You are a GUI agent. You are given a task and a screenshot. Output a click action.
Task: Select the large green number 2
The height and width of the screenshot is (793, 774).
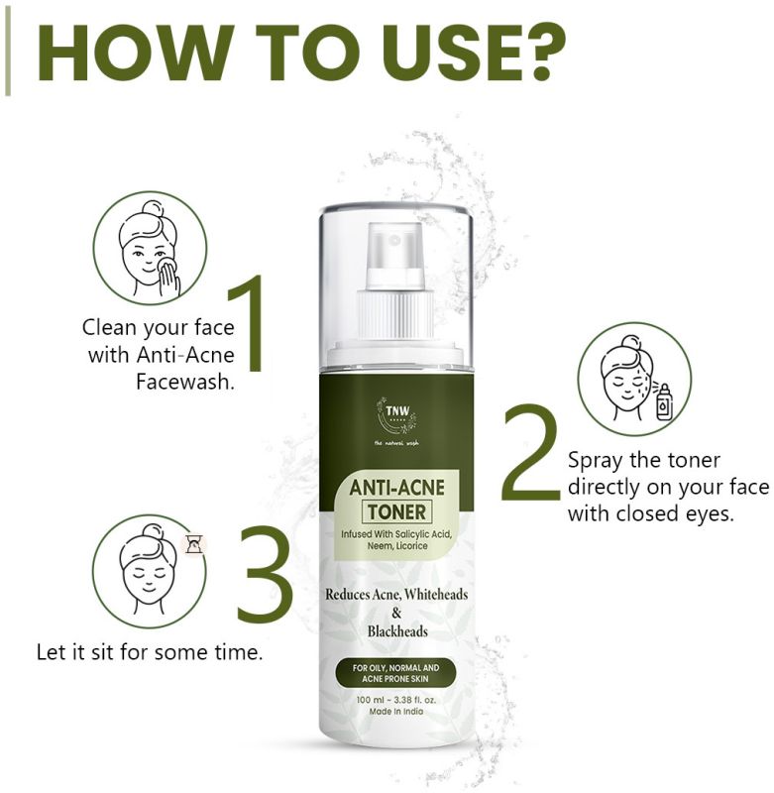click(531, 451)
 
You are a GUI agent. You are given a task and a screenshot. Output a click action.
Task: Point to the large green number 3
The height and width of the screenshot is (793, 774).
click(266, 574)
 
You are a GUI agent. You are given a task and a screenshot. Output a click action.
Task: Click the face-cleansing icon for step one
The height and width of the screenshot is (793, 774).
click(150, 248)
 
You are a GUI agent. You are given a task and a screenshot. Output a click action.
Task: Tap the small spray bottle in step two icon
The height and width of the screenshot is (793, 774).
click(664, 402)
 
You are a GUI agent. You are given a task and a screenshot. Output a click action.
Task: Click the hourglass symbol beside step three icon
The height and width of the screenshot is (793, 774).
click(193, 543)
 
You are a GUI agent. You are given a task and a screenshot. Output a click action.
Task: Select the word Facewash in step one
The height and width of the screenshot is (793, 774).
click(185, 382)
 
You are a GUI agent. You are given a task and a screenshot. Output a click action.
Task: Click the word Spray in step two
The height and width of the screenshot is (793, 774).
click(596, 461)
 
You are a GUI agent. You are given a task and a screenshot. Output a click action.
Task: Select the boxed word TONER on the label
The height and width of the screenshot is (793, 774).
click(396, 511)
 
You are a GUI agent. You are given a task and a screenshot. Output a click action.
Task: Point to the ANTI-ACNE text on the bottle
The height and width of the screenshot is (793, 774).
click(396, 488)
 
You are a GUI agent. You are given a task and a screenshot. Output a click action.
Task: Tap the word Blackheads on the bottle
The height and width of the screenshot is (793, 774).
click(397, 631)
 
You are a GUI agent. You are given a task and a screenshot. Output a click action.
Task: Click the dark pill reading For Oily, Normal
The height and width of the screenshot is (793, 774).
click(395, 673)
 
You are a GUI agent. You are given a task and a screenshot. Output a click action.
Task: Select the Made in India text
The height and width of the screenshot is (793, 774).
click(396, 712)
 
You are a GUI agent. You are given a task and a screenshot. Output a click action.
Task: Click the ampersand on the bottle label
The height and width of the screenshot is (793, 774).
click(396, 613)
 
